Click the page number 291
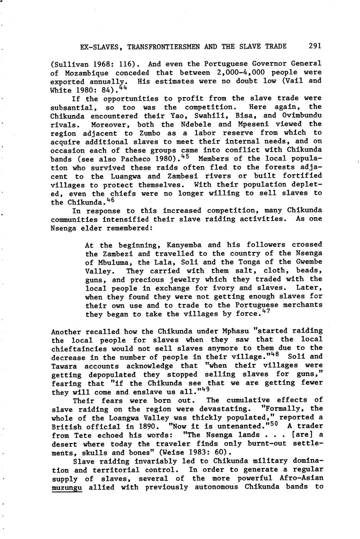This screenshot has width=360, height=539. pyautogui.click(x=315, y=46)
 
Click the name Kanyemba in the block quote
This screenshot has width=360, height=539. pyautogui.click(x=184, y=245)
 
